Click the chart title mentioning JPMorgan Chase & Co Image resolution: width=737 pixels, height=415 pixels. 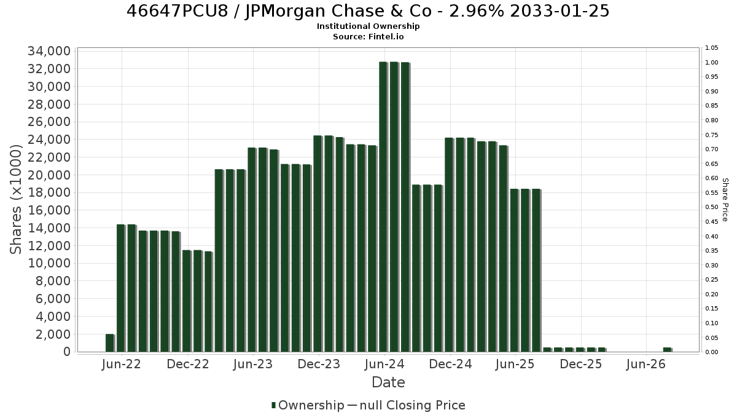pos(368,11)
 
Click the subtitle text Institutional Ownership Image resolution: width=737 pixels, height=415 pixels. pos(368,26)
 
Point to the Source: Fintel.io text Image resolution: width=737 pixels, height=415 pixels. pos(368,36)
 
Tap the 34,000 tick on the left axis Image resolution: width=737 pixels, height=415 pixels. pos(49,52)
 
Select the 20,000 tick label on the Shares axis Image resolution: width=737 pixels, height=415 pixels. pos(49,175)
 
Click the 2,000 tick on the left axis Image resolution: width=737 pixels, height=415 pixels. pos(53,334)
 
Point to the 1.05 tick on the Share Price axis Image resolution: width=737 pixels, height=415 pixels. pos(711,48)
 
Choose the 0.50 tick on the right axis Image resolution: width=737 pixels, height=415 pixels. pos(711,207)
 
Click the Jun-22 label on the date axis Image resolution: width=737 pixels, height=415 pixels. pos(122,364)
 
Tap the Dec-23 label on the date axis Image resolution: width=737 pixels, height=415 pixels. pos(319,364)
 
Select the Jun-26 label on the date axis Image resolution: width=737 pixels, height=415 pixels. pos(646,364)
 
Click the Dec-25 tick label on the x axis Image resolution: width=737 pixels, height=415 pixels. pos(581,364)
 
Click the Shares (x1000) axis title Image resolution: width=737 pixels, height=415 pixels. pos(16,200)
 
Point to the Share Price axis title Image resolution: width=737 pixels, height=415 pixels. pos(725,200)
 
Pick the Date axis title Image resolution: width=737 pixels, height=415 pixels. pos(388,382)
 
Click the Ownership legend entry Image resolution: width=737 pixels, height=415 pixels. pos(307,405)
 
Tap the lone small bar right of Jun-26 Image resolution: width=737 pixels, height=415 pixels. pos(667,350)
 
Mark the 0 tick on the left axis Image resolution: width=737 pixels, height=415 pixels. pos(67,352)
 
